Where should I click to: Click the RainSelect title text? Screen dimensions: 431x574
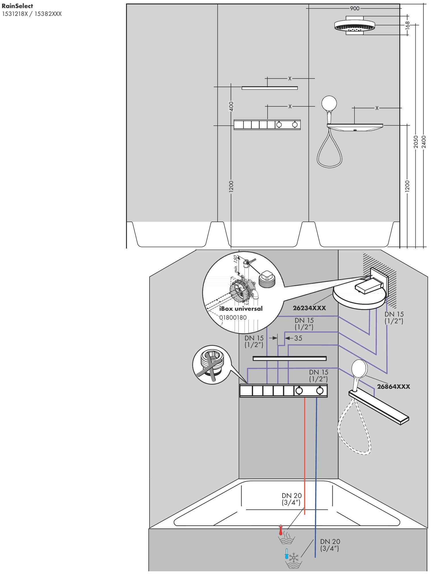coord(17,6)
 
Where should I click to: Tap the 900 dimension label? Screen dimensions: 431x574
coord(355,9)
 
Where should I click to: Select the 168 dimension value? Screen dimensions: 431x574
coord(407,25)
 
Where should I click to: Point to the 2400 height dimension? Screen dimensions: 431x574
coord(424,142)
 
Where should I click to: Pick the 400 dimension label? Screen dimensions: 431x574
coord(231,106)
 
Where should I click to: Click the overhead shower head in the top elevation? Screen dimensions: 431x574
coord(355,26)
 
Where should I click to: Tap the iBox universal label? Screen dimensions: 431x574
coord(241,309)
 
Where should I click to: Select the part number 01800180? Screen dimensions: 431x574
coord(233,317)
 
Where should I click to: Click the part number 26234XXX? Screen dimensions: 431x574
coord(309,308)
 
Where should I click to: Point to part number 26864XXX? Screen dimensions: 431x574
coord(393,387)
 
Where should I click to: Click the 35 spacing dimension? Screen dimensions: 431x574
coord(298,338)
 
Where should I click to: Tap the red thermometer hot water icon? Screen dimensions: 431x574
coord(281,530)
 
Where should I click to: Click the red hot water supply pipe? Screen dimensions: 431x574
coord(304,459)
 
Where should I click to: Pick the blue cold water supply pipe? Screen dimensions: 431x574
coord(316,474)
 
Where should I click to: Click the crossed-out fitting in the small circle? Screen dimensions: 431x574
coord(212,364)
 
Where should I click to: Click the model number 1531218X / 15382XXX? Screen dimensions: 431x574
coord(32,14)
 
